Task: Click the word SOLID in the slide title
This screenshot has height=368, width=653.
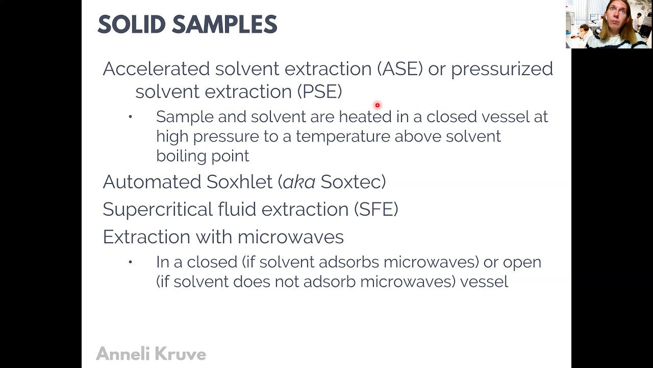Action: [x=131, y=25]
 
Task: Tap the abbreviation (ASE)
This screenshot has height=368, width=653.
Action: [x=400, y=69]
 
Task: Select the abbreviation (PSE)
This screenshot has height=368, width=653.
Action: [x=319, y=91]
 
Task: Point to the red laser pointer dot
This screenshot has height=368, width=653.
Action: [x=378, y=105]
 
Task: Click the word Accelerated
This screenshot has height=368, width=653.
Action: [x=156, y=69]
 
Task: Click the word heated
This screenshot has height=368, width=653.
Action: [x=365, y=117]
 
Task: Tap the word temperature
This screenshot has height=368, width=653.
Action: [x=343, y=136]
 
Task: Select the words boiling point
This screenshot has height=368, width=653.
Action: [x=203, y=156]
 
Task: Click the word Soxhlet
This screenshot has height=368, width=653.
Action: [x=239, y=182]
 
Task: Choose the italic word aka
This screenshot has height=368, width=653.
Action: [x=298, y=182]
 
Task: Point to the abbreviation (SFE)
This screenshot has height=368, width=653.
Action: [x=376, y=209]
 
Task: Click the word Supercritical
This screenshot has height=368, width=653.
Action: [x=158, y=210]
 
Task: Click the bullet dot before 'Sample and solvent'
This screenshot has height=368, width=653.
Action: [x=131, y=117]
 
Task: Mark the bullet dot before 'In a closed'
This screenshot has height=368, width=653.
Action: [x=131, y=262]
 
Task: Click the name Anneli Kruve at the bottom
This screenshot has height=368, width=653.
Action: [x=151, y=354]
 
